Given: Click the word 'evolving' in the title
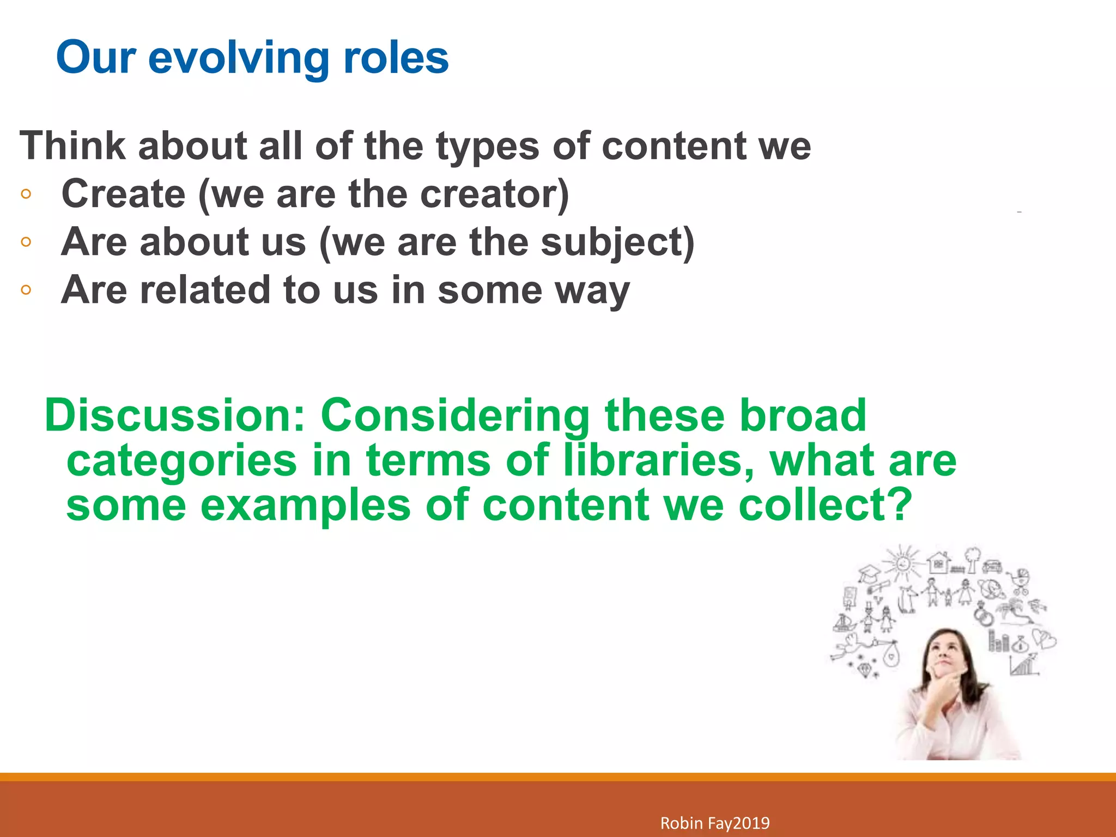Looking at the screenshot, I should coord(238,58).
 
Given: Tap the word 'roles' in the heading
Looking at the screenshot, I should coord(396,58).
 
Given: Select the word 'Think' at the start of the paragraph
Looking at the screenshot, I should coord(72,146).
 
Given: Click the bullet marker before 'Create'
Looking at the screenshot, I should coord(26,194).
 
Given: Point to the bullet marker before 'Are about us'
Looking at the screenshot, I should coord(26,242).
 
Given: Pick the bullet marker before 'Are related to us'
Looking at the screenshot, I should coord(26,290).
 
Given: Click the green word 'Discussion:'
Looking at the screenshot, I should coord(174,415).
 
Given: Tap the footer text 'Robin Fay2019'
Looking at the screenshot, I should coord(715,823).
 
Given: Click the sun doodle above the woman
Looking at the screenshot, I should coord(903,562).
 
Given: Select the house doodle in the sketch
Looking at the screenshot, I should coord(938,562).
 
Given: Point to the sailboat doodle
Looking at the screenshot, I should coord(844,622).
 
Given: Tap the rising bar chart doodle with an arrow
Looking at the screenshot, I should coord(1024,664).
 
